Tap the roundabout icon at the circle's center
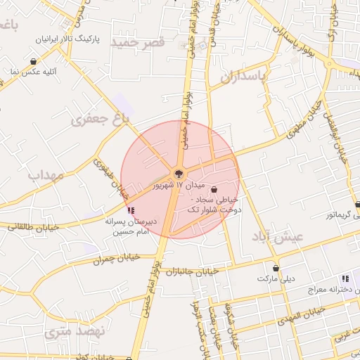(x=179, y=173)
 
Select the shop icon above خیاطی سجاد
(x=214, y=189)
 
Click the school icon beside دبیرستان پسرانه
(x=131, y=210)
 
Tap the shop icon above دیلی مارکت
(x=276, y=268)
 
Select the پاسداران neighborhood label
(x=245, y=77)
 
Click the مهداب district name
(x=46, y=174)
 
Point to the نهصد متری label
(x=74, y=331)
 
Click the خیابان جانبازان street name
(x=200, y=272)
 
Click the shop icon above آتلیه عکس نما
(x=34, y=61)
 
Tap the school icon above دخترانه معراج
(x=344, y=278)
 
